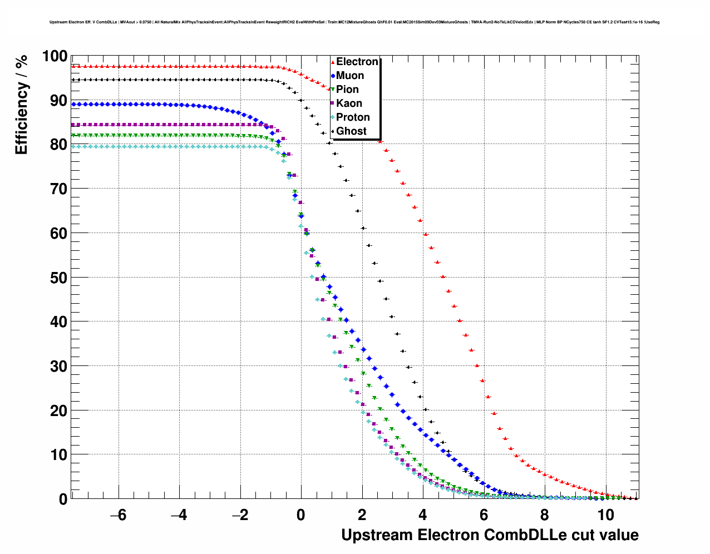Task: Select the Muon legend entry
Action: (x=350, y=76)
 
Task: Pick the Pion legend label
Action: (x=347, y=90)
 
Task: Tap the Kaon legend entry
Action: (x=349, y=103)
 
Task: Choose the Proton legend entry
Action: (x=353, y=117)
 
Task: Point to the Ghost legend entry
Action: (x=351, y=131)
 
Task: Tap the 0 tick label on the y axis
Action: (x=63, y=499)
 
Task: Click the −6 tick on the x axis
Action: (x=118, y=515)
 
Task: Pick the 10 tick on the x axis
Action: (x=605, y=515)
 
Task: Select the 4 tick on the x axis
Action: (x=423, y=515)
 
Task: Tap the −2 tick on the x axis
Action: (x=240, y=515)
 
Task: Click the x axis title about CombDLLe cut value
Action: (x=490, y=535)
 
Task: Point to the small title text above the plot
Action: (x=354, y=22)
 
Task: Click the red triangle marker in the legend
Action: (x=333, y=62)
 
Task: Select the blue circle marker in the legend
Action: (x=333, y=76)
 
